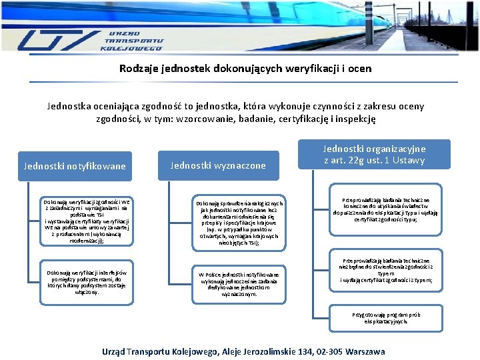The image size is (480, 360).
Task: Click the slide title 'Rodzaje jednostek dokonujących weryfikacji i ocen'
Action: (x=245, y=68)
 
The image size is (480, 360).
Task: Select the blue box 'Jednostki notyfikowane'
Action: (x=75, y=166)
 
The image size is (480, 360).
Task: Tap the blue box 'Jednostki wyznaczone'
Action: (x=218, y=165)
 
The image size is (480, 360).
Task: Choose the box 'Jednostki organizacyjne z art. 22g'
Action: (x=374, y=155)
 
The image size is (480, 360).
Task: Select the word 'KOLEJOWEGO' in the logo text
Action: (x=132, y=49)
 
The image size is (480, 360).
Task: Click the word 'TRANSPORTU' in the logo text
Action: (x=134, y=41)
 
